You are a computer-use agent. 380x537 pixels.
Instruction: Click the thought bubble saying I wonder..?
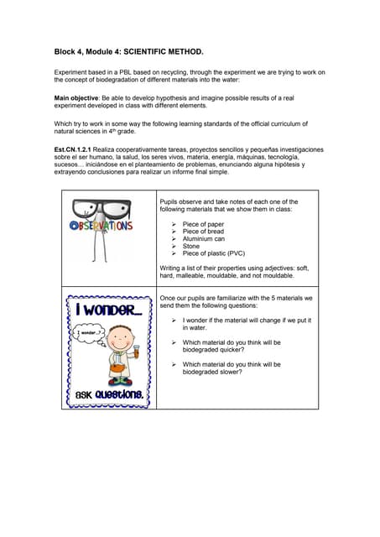[88, 333]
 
